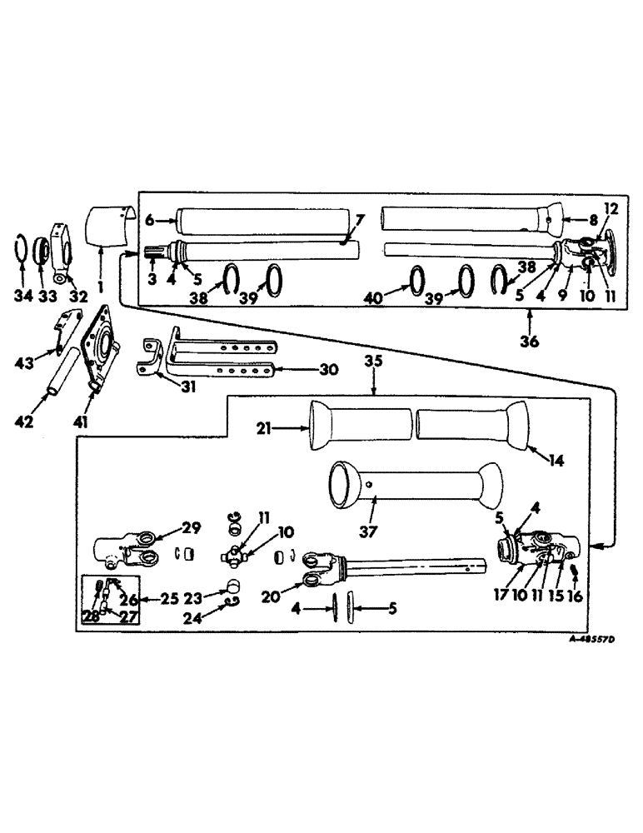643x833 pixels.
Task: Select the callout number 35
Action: pos(374,363)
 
